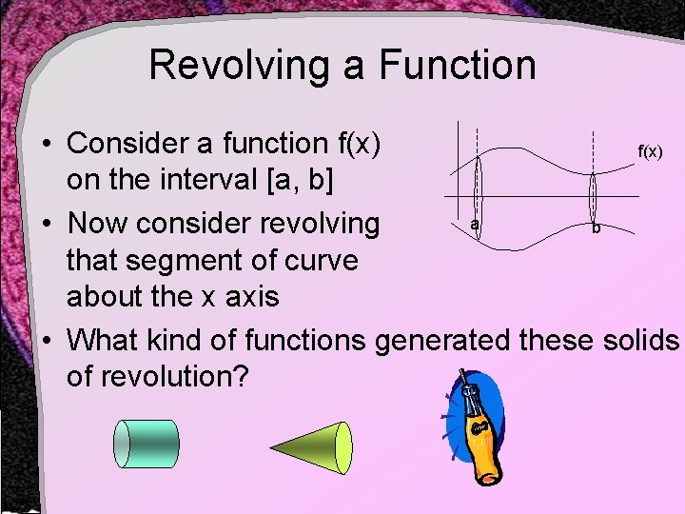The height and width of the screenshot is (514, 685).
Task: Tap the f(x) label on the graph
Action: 650,151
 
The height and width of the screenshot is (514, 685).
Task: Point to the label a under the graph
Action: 474,224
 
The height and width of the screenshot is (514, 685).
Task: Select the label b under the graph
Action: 595,228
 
